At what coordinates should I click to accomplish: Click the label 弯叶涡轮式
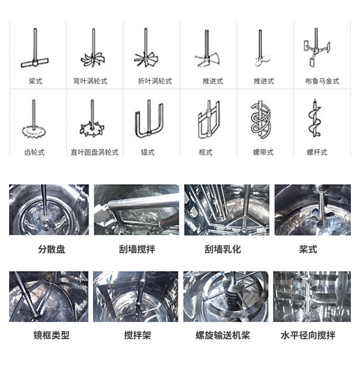90,81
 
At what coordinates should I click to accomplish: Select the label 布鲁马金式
322,81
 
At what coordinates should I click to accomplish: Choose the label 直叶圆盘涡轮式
94,152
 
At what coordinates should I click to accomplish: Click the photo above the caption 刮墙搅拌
136,209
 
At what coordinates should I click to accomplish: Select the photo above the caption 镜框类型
49,296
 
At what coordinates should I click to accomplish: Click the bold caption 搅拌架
137,336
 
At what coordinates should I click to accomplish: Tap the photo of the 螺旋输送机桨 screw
226,296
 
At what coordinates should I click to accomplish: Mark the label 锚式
148,152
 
